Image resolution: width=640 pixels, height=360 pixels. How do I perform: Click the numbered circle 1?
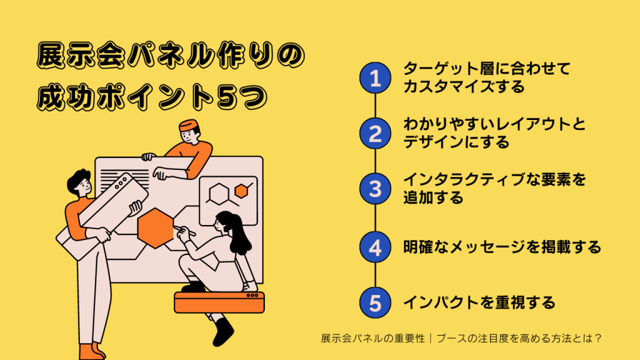(375, 77)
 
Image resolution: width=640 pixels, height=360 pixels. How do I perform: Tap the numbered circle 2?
(375, 133)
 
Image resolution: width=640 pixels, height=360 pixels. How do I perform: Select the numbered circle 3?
(375, 189)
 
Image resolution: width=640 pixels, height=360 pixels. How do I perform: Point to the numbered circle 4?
(375, 247)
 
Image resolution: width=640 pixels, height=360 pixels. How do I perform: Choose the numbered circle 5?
(375, 303)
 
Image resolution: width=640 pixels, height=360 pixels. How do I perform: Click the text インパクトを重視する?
(479, 303)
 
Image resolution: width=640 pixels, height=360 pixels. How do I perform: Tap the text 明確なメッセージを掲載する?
(501, 247)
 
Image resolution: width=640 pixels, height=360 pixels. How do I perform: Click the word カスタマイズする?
(464, 86)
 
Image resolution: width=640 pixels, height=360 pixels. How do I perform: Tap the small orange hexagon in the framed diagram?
(241, 189)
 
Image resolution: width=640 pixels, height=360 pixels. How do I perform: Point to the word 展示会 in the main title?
(69, 57)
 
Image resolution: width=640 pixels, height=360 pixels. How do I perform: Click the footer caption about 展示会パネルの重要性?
(461, 338)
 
